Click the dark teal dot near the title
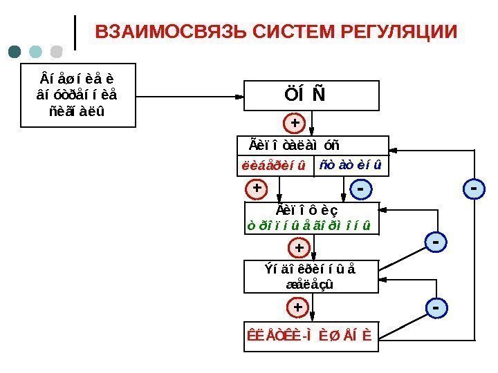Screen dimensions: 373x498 coord(15,52)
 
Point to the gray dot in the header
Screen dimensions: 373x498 coord(56,52)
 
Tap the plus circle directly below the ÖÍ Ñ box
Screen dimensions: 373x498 coord(295,124)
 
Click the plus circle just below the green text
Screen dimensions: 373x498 coord(299,247)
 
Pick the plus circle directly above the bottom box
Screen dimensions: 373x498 coord(297,306)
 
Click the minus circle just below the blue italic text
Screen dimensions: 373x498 coord(360,188)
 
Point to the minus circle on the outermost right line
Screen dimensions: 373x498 coord(473,188)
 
